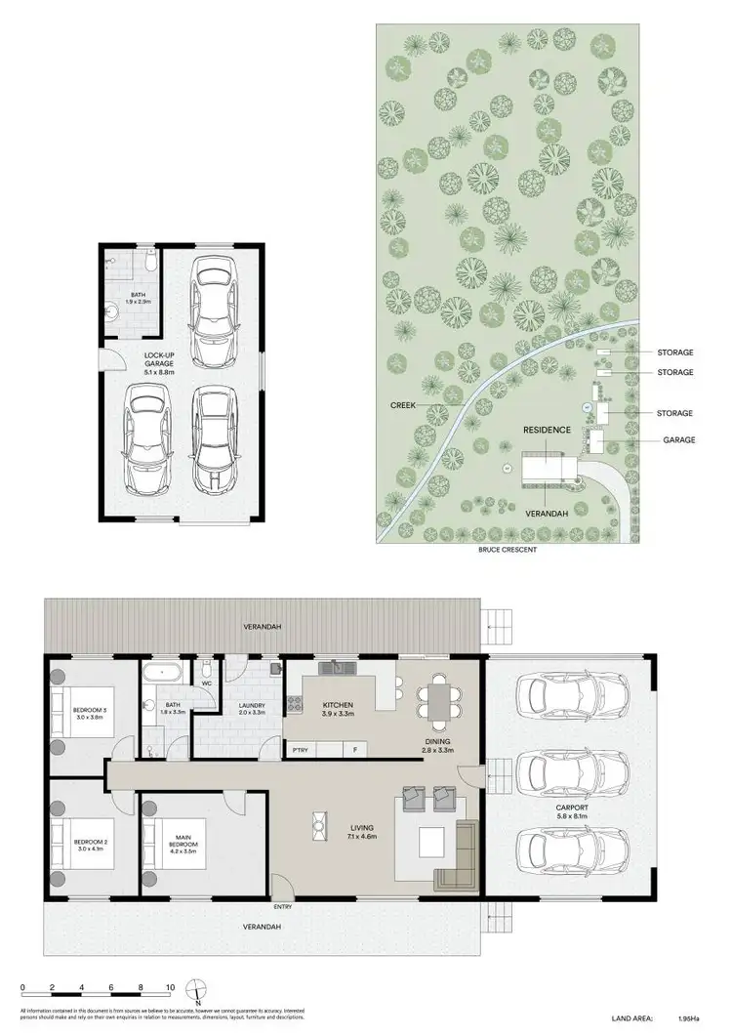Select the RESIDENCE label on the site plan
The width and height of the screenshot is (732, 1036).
point(546,430)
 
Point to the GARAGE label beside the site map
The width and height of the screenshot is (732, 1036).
point(679,440)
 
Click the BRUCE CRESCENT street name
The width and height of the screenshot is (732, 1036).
point(506,551)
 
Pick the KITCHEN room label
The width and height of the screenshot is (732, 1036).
point(338,706)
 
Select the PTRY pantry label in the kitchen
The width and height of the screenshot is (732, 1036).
point(301,750)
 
